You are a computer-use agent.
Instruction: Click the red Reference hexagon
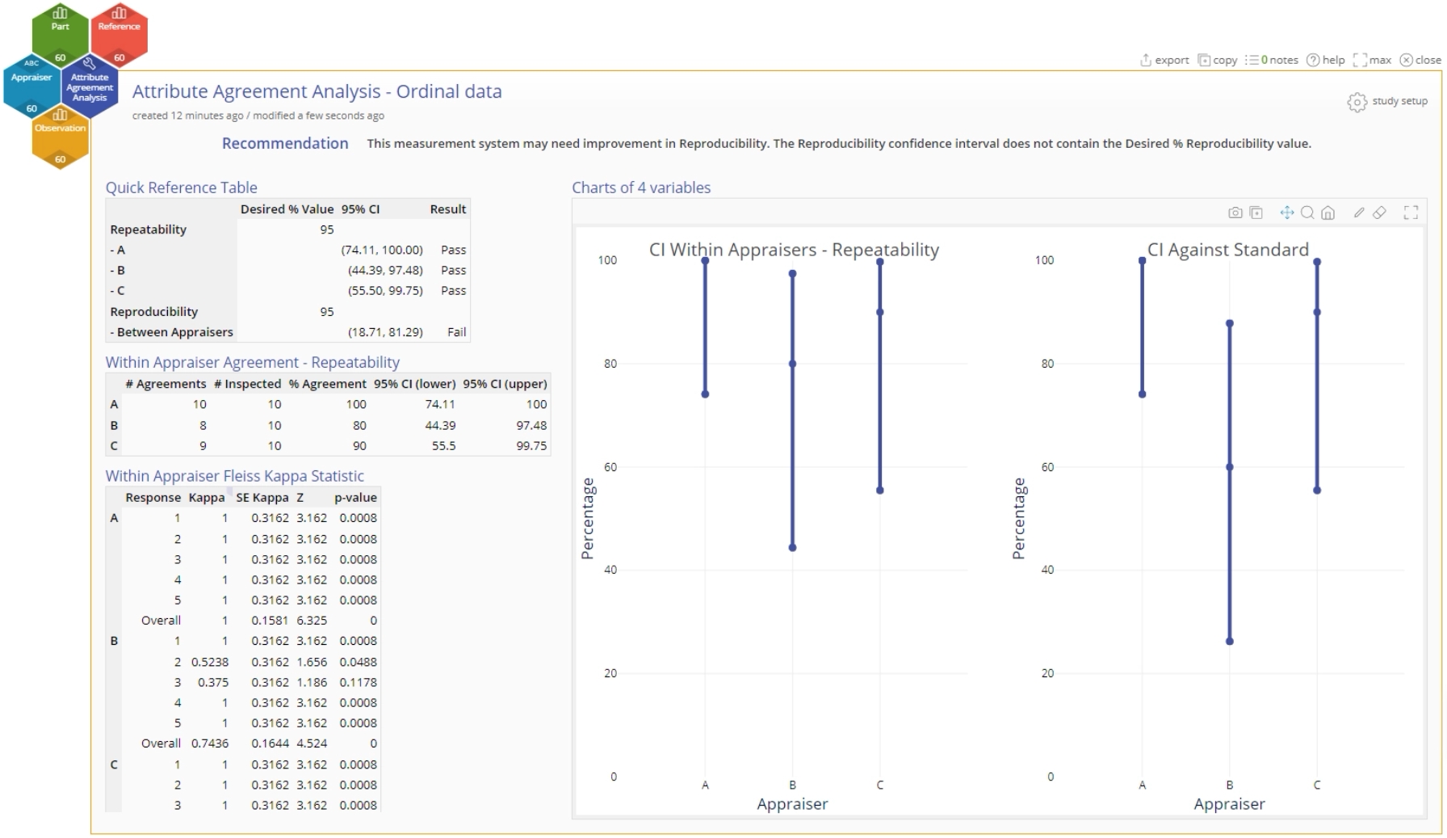(x=119, y=32)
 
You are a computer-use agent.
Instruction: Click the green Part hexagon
(x=60, y=32)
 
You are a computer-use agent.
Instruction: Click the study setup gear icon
(x=1357, y=102)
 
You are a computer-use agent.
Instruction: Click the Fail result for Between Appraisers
(x=456, y=332)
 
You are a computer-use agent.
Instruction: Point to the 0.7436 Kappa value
(x=209, y=743)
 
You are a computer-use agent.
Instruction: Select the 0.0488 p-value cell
(x=358, y=662)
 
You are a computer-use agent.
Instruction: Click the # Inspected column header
(x=247, y=384)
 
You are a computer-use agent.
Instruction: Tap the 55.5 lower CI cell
(x=443, y=446)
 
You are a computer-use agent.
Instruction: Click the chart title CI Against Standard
(x=1227, y=250)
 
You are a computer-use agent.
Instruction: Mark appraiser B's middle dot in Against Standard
(x=1230, y=467)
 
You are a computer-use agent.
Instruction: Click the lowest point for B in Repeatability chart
(x=792, y=548)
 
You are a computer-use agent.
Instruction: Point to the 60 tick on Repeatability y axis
(x=610, y=467)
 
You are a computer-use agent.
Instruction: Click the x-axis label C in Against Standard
(x=1317, y=785)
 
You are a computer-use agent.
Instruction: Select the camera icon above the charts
(x=1235, y=213)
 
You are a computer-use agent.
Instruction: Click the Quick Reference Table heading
(x=181, y=187)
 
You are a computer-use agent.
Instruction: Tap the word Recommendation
(x=285, y=143)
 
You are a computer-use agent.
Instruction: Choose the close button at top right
(x=1420, y=60)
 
